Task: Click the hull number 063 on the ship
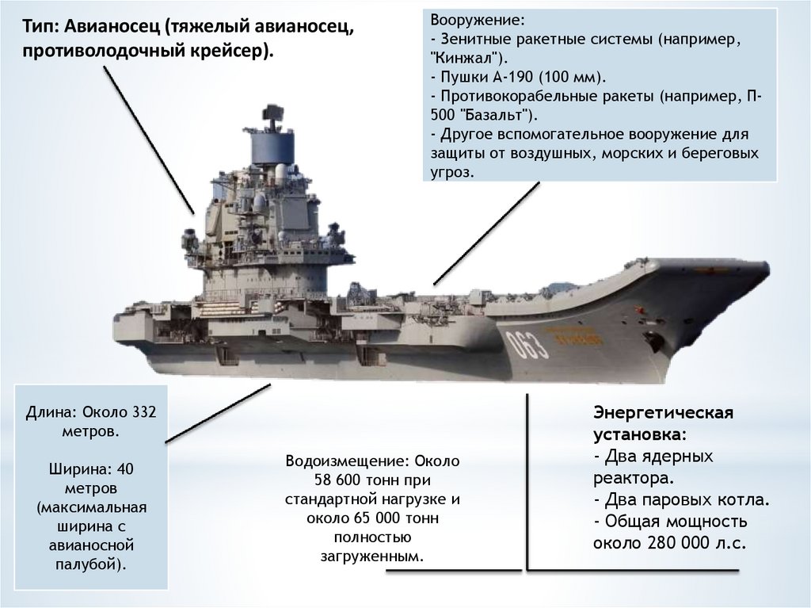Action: tap(523, 342)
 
